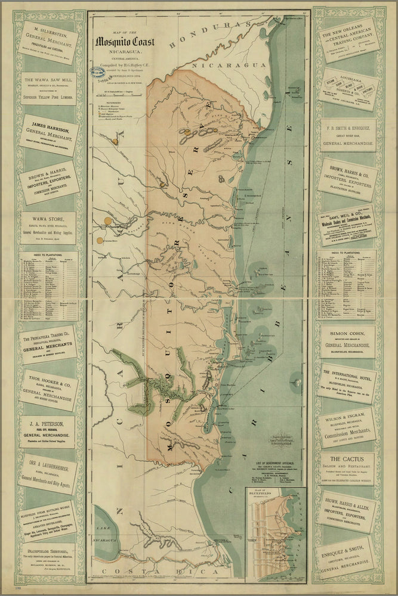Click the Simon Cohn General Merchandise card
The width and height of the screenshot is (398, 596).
(347, 342)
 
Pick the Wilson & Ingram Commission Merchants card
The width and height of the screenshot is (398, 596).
(347, 427)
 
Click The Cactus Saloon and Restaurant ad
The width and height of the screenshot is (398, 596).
(347, 468)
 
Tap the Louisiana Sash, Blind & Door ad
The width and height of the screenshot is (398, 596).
(347, 89)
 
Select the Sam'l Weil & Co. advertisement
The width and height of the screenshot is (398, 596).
(347, 226)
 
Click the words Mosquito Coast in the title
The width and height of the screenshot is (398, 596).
(126, 42)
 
